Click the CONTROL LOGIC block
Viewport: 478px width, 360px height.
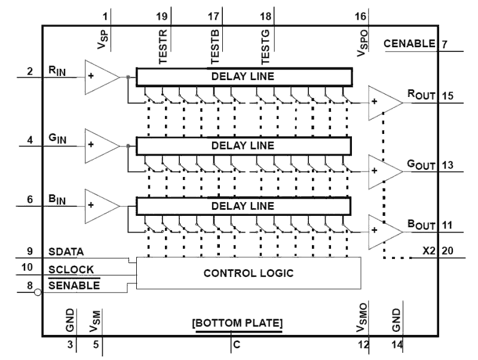[x=249, y=273]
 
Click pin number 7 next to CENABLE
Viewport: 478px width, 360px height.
[x=445, y=44]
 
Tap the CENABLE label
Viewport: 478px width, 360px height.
[x=409, y=44]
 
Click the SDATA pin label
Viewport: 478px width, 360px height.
[x=66, y=252]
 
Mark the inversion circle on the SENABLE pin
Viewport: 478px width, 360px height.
[x=38, y=292]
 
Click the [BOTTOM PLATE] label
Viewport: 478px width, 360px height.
[x=237, y=323]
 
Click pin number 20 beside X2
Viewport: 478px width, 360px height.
[x=447, y=252]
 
